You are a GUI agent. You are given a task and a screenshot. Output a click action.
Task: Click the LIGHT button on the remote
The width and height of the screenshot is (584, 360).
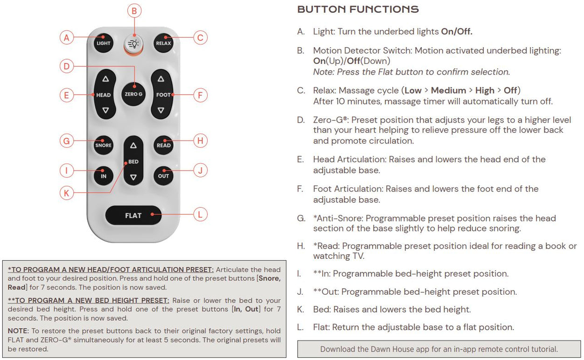[104, 43]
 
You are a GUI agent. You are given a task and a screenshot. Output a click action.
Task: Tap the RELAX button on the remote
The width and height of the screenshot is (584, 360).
[163, 43]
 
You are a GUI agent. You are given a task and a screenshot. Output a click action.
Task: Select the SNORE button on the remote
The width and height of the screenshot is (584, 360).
[104, 145]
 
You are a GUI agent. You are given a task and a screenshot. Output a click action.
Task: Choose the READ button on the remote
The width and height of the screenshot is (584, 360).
[163, 145]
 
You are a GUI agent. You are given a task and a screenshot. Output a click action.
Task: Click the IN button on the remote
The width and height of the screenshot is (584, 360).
[104, 176]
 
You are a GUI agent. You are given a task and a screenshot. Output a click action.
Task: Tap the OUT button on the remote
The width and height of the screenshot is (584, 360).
[163, 176]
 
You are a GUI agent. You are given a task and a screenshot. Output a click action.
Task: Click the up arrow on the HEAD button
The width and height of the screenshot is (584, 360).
[105, 79]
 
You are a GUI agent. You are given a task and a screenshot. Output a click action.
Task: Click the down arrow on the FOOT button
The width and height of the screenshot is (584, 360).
[161, 111]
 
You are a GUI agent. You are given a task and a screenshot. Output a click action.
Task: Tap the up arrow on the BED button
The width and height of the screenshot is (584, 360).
[133, 146]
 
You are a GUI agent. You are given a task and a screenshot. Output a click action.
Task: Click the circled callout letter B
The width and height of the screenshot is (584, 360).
[134, 10]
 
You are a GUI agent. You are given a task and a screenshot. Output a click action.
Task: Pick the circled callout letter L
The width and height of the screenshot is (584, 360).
[200, 215]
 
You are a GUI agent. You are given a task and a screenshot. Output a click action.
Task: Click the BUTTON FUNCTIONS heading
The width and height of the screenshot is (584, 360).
[358, 9]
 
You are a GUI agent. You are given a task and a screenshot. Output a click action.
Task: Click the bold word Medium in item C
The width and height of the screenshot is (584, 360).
[448, 90]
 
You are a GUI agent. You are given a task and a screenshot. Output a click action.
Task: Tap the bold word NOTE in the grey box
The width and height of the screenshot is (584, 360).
[18, 330]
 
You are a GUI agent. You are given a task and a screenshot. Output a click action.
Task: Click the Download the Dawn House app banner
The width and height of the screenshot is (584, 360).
[438, 349]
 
